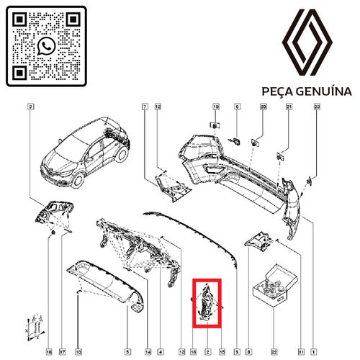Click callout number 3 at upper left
click(30, 107)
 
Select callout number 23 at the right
click(316, 107)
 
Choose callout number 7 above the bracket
click(145, 107)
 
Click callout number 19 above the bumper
click(215, 107)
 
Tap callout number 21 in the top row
click(289, 107)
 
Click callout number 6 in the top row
click(235, 107)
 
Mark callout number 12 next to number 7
click(158, 107)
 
